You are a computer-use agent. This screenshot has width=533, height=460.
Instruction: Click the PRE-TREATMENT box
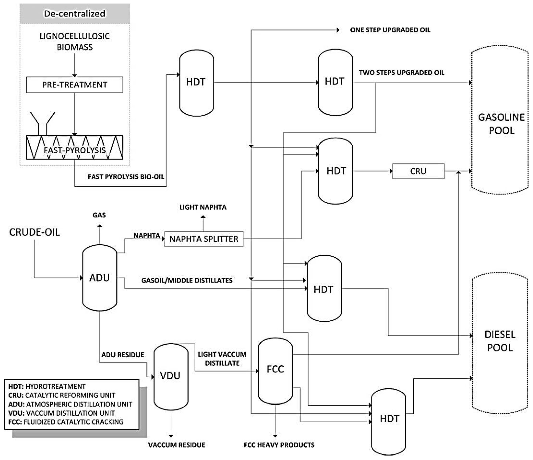click(75, 85)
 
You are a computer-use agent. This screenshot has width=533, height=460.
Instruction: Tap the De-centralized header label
click(75, 13)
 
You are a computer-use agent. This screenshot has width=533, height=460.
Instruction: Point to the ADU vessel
click(100, 278)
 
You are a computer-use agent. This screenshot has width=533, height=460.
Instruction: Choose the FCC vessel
click(275, 369)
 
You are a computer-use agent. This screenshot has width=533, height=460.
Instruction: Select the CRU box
click(418, 171)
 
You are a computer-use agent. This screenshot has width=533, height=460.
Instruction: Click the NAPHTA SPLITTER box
click(204, 239)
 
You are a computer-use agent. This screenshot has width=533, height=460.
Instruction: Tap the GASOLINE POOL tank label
click(501, 124)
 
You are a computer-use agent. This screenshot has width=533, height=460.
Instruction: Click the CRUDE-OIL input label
click(34, 232)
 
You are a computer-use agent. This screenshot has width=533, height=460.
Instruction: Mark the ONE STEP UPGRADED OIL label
click(390, 30)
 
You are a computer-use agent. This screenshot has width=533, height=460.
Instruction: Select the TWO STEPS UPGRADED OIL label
click(402, 73)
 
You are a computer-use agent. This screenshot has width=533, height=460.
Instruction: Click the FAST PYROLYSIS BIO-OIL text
click(126, 177)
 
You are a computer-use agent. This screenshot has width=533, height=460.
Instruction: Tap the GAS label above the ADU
click(99, 215)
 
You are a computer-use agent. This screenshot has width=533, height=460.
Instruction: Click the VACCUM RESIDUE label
click(177, 445)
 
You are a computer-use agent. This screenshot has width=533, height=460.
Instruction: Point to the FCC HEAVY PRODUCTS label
click(279, 445)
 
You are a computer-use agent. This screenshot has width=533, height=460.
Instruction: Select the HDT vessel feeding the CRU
click(336, 171)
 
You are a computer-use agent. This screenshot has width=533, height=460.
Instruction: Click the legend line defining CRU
click(62, 395)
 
